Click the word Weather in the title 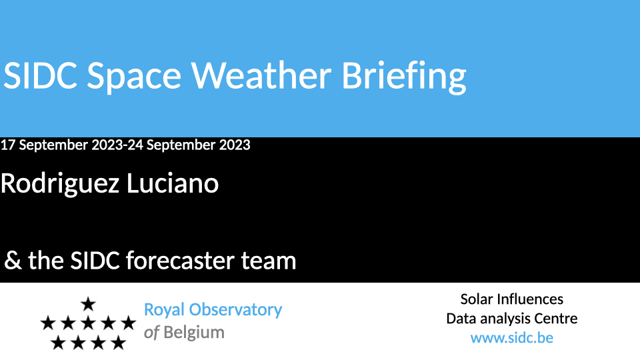261,75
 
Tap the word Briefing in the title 404,77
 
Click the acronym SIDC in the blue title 40,75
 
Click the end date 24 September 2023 189,145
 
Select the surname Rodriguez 59,185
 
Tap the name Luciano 173,183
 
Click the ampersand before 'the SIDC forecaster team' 13,261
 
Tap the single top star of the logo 88,304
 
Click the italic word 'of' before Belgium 151,333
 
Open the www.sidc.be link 512,338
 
